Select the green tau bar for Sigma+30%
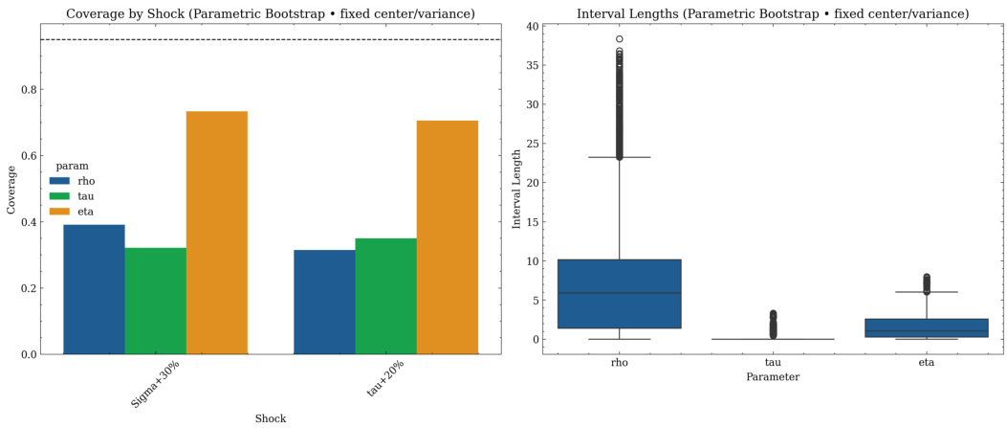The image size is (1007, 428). tap(155, 301)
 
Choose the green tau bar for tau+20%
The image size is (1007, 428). tap(385, 296)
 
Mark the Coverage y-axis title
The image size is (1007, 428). tap(11, 189)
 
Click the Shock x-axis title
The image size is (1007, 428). tap(271, 418)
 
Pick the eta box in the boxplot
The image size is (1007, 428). tap(926, 327)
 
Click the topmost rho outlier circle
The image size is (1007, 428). tap(620, 39)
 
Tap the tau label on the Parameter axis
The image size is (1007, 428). tap(773, 363)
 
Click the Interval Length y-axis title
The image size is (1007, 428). tap(517, 189)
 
